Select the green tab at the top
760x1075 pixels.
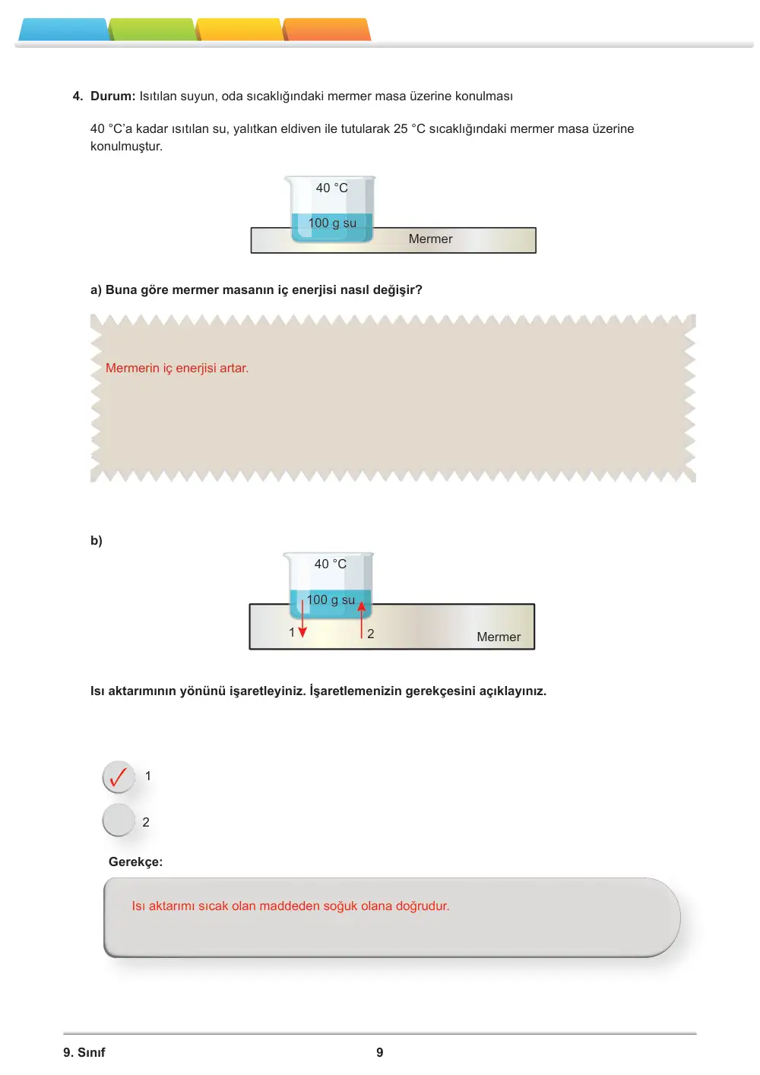(153, 30)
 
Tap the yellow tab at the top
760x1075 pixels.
(240, 30)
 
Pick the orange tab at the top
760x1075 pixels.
(327, 30)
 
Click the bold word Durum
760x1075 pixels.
(112, 96)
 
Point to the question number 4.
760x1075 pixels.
(78, 96)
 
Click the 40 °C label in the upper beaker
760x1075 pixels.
(332, 188)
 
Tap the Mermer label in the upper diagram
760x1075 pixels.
(430, 239)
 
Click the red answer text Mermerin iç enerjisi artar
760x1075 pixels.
(176, 368)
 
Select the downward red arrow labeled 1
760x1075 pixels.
(302, 618)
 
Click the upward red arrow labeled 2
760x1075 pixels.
(362, 620)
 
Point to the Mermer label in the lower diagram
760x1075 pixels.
(499, 637)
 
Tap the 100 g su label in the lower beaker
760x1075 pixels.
(331, 599)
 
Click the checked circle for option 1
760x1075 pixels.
(119, 777)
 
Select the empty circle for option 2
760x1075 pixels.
(119, 820)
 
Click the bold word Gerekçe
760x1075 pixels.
(135, 862)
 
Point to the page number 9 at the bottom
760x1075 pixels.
(380, 1052)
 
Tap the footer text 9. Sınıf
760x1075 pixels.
(84, 1052)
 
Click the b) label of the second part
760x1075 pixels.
(96, 540)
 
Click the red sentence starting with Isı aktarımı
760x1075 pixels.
(290, 906)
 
